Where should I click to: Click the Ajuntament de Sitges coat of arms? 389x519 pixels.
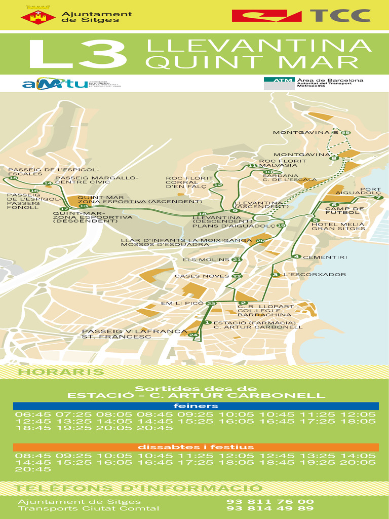pos(38,16)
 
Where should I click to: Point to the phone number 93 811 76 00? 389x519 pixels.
pos(270,502)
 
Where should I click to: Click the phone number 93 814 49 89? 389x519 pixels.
pos(270,509)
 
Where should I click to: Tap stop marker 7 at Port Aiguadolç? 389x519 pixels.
pos(377,198)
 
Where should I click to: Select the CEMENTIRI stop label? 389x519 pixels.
pos(325,257)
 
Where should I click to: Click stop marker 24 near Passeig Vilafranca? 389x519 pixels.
pos(192,335)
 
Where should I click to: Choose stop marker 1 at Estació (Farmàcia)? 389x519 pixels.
pos(208,323)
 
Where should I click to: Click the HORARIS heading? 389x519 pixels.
pos(61,373)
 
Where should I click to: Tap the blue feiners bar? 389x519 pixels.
pos(196,406)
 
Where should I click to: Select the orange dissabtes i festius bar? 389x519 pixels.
pos(196,447)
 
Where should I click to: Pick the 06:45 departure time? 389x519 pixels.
pos(33,415)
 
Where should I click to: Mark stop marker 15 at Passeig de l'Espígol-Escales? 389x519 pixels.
pos(13,178)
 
